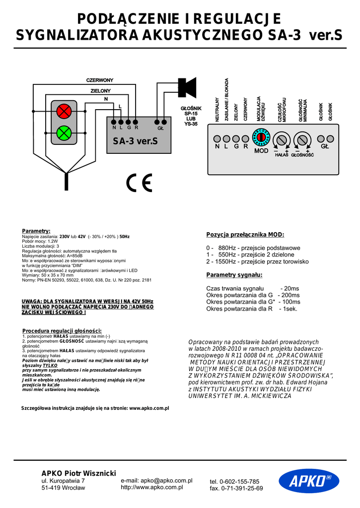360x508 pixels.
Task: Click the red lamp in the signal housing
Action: (63, 111)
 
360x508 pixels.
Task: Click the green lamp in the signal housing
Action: (63, 132)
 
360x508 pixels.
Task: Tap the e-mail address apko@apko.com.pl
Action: (156, 481)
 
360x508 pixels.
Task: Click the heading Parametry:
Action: (36, 231)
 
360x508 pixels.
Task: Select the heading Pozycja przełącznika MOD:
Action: (245, 235)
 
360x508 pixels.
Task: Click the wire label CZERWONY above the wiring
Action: (100, 80)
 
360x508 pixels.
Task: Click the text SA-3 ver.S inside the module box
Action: (135, 141)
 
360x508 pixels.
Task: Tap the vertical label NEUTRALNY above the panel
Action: (217, 110)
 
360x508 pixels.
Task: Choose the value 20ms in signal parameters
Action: (290, 288)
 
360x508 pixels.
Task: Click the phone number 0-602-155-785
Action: (234, 482)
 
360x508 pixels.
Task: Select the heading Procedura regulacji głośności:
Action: (62, 331)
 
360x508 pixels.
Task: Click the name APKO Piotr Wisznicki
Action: (78, 473)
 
